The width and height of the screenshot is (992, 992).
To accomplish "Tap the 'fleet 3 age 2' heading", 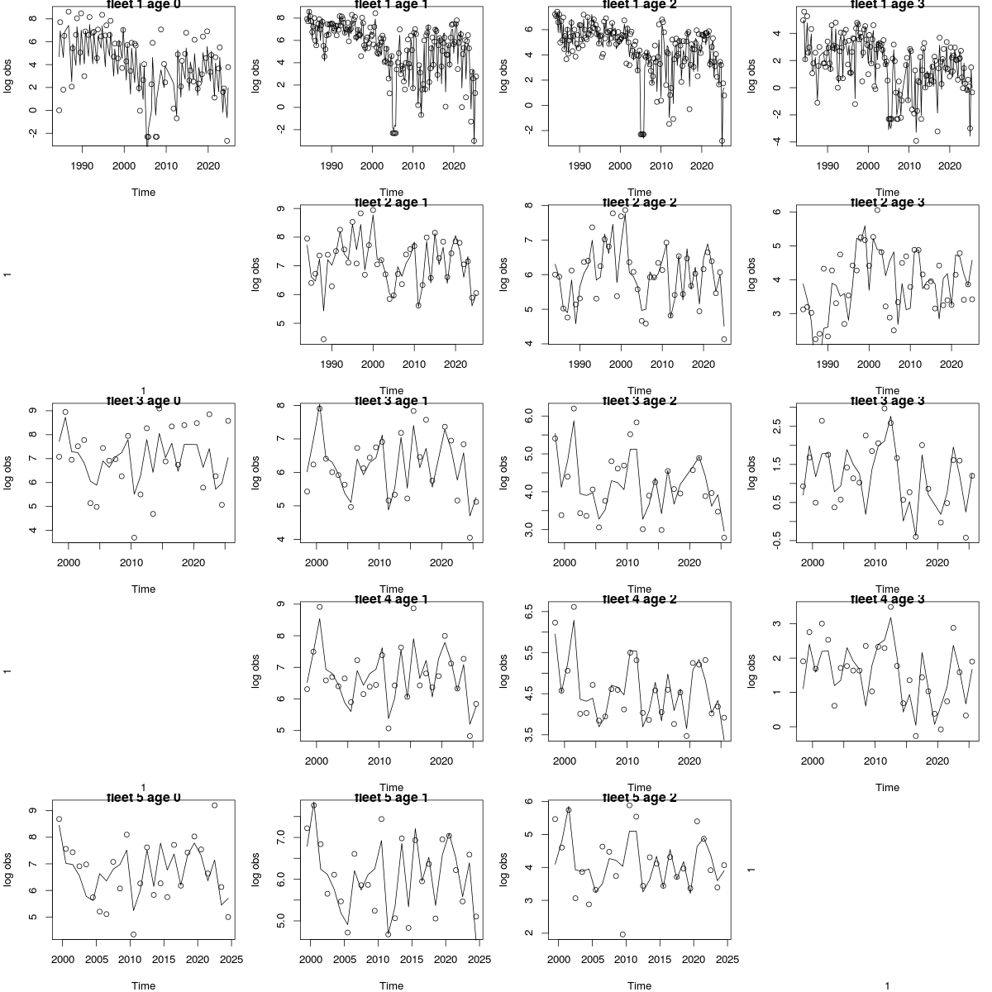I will (639, 401).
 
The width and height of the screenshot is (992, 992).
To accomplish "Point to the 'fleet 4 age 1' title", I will (391, 599).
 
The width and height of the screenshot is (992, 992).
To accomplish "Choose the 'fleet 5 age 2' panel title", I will (639, 798).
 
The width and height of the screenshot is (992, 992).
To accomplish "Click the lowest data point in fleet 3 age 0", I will (134, 537).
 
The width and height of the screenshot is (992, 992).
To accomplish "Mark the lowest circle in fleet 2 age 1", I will (323, 339).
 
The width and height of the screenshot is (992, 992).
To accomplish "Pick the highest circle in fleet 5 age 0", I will (214, 805).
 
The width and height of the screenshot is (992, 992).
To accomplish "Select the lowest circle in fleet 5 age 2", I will (622, 934).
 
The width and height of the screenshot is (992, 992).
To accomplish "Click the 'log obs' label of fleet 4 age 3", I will (751, 670).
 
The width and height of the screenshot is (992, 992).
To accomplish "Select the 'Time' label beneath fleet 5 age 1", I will (391, 985).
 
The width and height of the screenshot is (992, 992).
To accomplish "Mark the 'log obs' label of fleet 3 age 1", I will (255, 472).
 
